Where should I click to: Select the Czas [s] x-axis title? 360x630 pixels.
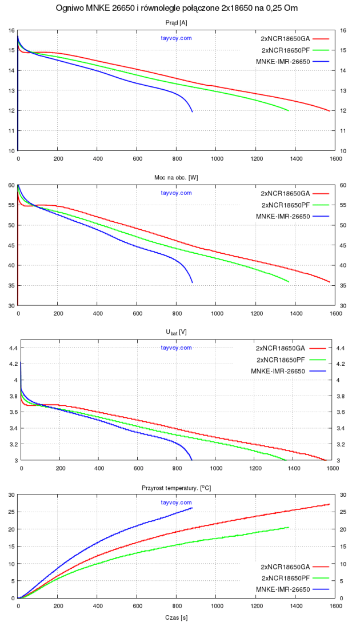point(176,618)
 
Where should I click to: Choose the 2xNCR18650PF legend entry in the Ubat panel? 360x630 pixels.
point(283,360)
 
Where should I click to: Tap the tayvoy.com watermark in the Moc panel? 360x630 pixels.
point(176,193)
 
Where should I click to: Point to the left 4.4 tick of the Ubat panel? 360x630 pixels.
point(11,348)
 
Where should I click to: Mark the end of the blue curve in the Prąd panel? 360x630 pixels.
point(193,111)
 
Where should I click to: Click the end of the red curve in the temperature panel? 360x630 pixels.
point(330,504)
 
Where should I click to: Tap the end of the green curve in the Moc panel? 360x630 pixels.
point(289,282)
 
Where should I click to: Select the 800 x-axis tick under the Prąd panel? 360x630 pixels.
point(177,159)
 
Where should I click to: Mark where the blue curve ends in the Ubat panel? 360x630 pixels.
point(191,460)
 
